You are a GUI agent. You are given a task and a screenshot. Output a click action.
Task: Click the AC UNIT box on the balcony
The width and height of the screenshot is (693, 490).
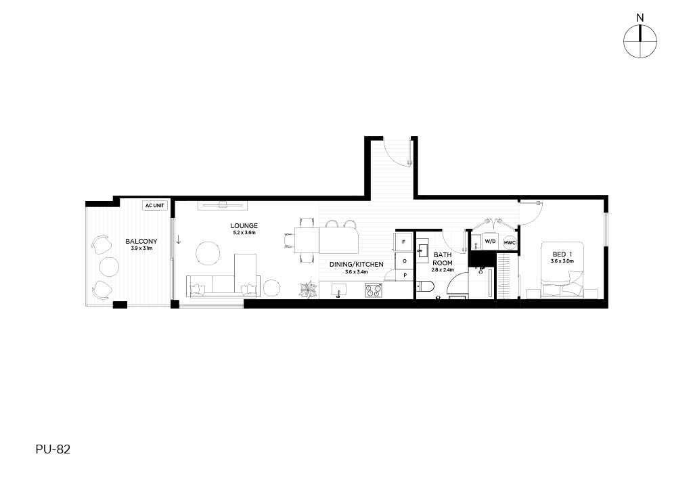[x=155, y=206]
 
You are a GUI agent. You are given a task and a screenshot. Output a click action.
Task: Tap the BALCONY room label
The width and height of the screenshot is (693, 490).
[x=141, y=241]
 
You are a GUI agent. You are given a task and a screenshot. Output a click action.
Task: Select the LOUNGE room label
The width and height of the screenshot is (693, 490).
[x=244, y=226]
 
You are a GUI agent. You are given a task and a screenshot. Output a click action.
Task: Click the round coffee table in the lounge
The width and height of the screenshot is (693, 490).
[x=208, y=254]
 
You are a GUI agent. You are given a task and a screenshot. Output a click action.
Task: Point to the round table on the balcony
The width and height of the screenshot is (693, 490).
[x=109, y=267]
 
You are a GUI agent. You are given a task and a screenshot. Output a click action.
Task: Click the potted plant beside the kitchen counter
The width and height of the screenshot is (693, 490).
[x=308, y=290]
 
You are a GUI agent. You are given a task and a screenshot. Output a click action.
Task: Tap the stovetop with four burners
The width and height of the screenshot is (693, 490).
[x=374, y=290]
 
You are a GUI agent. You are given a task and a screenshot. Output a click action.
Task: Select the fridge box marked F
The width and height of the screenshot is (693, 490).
[x=403, y=242]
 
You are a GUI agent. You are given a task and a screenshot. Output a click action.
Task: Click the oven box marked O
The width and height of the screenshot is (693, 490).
[x=404, y=261]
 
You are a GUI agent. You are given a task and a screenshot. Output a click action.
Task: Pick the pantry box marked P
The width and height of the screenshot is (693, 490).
[x=405, y=275]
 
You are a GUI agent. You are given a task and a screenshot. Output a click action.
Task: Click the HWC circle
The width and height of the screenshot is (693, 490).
[x=510, y=242]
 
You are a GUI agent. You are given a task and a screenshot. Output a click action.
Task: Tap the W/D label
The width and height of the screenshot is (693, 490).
[x=490, y=241]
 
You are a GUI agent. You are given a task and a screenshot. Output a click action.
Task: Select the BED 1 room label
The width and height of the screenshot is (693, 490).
[x=562, y=254]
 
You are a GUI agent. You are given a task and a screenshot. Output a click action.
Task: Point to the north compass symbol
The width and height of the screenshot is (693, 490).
[x=640, y=41]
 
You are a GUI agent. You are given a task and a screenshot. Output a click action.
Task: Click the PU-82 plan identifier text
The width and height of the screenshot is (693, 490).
[x=53, y=449]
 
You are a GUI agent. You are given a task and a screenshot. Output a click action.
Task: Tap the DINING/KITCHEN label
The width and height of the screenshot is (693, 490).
[x=356, y=264]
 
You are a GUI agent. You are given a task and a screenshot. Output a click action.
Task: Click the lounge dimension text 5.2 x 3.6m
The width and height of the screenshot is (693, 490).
[x=244, y=232]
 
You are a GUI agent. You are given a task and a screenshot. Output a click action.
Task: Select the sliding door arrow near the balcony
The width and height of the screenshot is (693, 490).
[x=179, y=240]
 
